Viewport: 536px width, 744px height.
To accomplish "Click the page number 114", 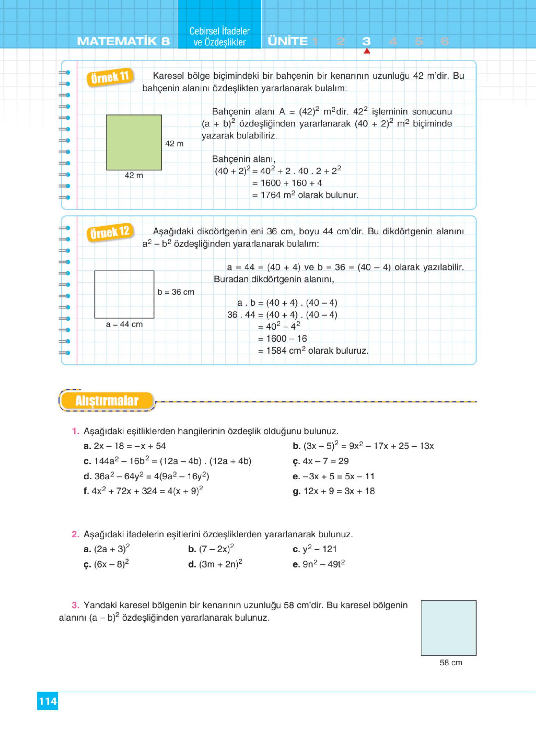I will coord(48,701).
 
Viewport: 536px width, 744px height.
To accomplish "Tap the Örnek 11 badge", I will coord(110,77).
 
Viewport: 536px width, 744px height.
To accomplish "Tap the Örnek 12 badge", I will coord(110,233).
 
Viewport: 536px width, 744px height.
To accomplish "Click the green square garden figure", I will coord(134,142).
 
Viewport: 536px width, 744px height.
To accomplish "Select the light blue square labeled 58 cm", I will coord(448,628).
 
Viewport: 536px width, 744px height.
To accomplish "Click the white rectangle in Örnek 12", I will coord(124,294).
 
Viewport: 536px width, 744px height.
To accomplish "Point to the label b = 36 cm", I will coord(176,292).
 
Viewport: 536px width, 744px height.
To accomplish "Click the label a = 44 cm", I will coord(124,324).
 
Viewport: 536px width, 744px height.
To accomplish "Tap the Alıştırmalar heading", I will coord(107,401).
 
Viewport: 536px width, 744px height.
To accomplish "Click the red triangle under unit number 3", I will coord(367,51).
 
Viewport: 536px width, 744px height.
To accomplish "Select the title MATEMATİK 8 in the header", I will coord(123,41).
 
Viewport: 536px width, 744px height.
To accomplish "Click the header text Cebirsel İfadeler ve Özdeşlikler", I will coord(220,37).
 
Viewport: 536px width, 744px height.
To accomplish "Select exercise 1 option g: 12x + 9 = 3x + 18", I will coord(339,491).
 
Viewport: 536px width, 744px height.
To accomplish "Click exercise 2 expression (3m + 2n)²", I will coord(220,564).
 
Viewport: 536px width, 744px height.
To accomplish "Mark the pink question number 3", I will coord(76,605).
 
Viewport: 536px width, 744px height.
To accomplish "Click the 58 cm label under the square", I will coord(451,662).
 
